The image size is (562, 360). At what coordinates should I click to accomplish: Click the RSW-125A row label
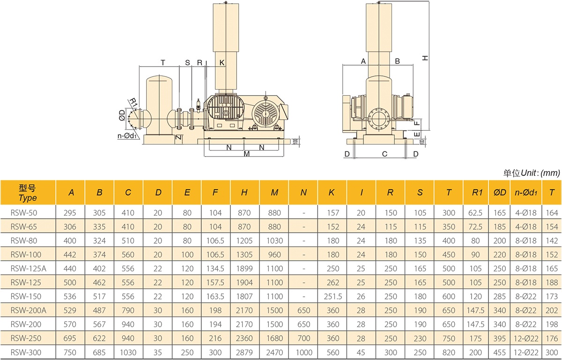click(29, 269)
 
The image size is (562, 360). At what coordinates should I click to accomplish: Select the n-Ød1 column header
click(526, 193)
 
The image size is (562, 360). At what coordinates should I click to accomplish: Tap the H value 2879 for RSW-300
click(244, 352)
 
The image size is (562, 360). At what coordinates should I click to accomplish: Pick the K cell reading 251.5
click(333, 297)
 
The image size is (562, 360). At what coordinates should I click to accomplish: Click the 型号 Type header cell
click(28, 193)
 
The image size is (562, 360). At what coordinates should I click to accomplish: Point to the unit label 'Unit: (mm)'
click(540, 173)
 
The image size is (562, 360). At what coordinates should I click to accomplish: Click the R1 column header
click(477, 193)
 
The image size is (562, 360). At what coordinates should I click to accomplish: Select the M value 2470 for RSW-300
click(274, 352)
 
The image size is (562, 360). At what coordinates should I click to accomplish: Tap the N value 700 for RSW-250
click(303, 338)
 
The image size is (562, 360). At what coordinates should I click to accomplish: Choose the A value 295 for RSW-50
click(70, 213)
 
